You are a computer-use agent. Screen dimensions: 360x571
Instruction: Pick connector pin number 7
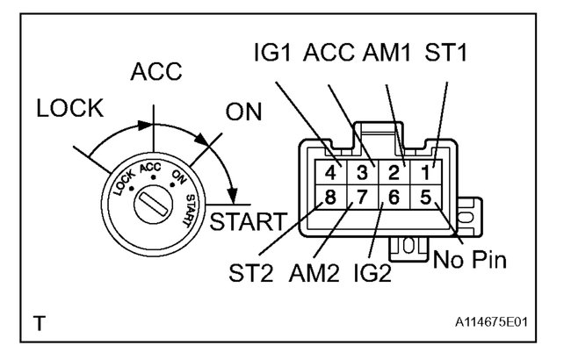pyautogui.click(x=361, y=198)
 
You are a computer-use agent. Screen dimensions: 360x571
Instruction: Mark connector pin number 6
pyautogui.click(x=394, y=198)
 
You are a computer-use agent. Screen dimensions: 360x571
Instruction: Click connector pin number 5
pyautogui.click(x=426, y=198)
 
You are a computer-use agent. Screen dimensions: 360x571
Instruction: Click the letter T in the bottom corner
pyautogui.click(x=40, y=324)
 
